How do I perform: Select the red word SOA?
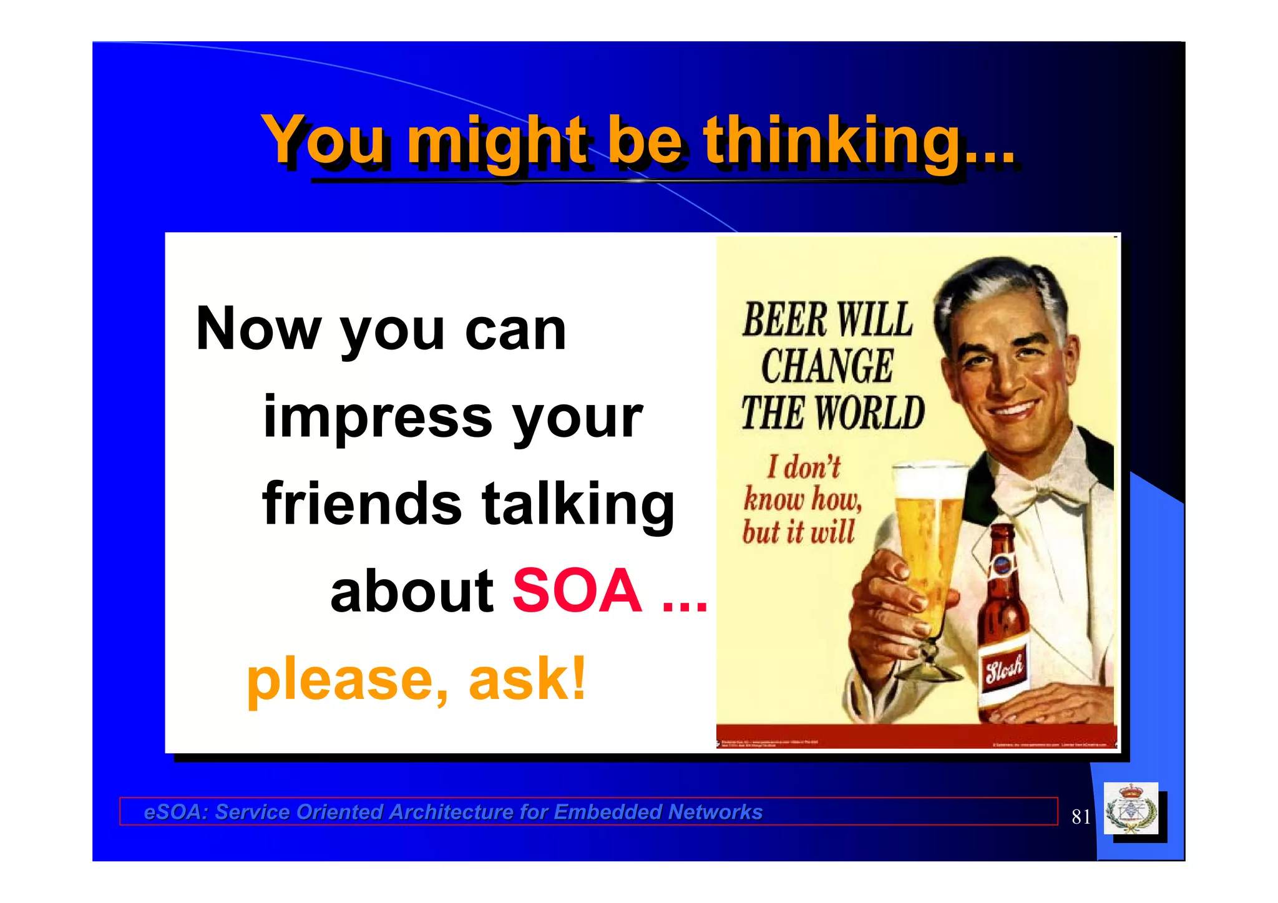[x=577, y=590]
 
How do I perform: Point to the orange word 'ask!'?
[x=527, y=678]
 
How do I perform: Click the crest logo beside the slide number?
[x=1131, y=809]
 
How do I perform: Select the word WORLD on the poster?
[x=870, y=413]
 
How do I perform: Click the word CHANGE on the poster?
[x=827, y=366]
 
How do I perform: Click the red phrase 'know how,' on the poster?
[x=802, y=499]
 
